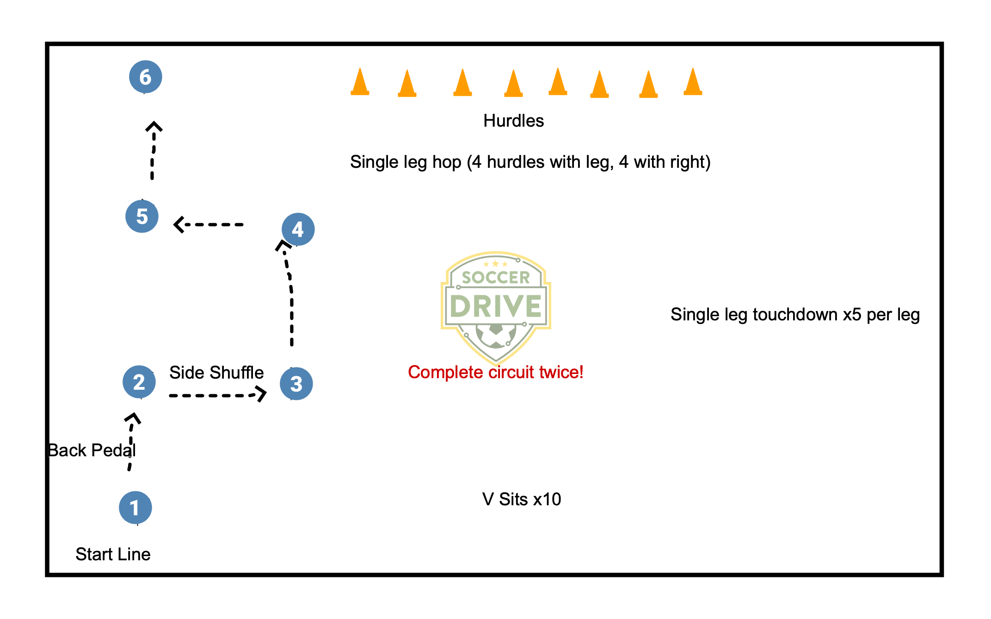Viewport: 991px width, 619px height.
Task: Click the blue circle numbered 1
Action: (135, 508)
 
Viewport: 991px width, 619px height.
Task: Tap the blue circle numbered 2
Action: (139, 382)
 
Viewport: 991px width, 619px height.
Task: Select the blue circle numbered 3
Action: (296, 384)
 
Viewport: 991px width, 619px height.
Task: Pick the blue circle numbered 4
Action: (298, 229)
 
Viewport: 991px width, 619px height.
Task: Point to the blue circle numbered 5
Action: (142, 216)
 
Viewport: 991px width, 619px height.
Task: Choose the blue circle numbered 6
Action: (145, 77)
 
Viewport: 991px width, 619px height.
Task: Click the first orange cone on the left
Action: (360, 82)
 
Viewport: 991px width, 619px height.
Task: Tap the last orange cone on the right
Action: (693, 82)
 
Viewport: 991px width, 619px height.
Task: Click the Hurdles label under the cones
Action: (513, 121)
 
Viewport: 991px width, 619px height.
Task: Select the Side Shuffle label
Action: (216, 373)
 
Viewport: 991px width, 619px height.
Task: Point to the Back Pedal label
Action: (92, 450)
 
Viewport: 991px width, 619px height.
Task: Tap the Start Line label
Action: (113, 554)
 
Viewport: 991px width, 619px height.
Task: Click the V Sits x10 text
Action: (522, 499)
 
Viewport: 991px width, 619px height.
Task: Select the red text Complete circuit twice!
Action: (495, 372)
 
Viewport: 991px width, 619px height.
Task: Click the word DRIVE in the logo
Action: (496, 306)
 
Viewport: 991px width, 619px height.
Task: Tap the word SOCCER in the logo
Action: (496, 277)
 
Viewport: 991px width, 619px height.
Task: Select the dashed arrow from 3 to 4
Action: (291, 296)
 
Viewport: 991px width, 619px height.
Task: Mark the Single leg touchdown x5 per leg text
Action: (795, 315)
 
